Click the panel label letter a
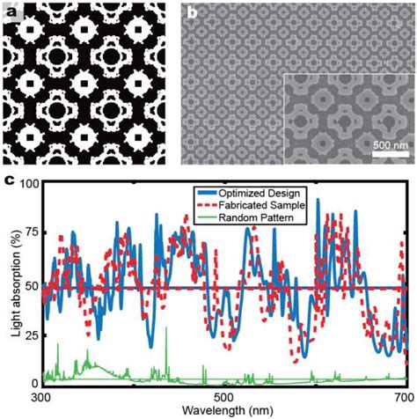11,13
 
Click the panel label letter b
193,13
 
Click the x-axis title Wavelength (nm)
223,411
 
